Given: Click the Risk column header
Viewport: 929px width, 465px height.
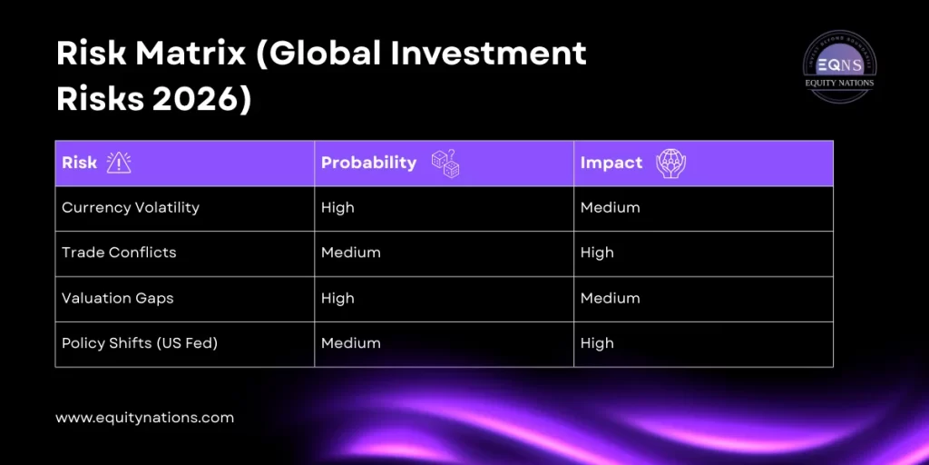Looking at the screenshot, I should pos(80,163).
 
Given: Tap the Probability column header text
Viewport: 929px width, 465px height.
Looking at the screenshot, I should pos(368,163).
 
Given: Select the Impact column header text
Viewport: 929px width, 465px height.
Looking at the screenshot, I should pos(611,163).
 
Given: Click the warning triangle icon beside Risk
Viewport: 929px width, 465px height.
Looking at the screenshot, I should pos(119,163).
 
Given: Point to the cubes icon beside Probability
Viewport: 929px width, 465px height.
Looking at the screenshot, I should pos(445,163).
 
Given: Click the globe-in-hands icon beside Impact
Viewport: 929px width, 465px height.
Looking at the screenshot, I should pos(670,163).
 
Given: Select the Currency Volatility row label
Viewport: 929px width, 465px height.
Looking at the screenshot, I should pos(131,208).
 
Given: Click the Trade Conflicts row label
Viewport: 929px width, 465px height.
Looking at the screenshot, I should pos(119,253).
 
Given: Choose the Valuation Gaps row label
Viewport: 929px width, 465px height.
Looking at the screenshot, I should pos(117,299).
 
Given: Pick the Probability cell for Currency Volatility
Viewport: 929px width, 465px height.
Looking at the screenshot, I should pos(337,208).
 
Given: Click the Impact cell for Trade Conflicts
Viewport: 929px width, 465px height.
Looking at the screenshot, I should pos(597,253).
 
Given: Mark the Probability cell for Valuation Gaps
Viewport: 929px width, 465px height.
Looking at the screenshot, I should pos(337,299).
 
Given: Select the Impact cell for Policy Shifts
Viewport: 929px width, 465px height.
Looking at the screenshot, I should pos(597,344).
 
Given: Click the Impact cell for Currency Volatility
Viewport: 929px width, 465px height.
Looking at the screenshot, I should pos(610,208).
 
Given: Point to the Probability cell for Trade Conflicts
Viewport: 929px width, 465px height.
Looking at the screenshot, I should pos(350,253).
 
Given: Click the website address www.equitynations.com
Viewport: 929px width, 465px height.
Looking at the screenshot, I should pos(144,419).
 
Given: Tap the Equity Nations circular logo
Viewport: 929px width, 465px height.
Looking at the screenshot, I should pos(839,65).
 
